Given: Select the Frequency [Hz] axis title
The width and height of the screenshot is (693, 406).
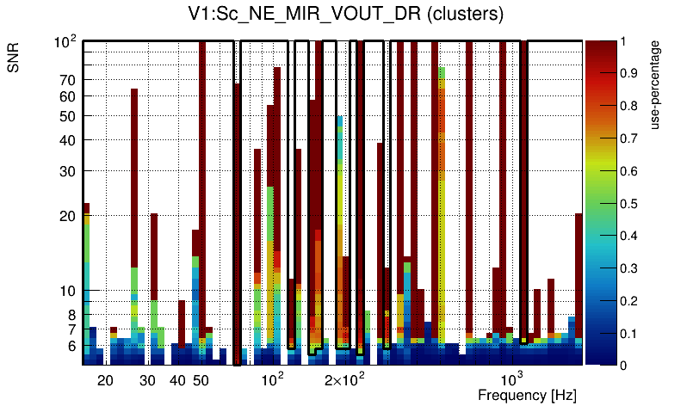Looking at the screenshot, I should (x=527, y=395).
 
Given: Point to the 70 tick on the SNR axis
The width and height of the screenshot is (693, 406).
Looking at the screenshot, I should (x=68, y=80).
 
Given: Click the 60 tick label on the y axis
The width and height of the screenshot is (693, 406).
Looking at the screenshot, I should (x=68, y=96).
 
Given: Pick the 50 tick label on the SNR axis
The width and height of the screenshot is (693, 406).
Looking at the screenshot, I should (x=68, y=116).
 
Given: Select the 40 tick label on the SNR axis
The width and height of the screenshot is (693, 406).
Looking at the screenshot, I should (x=68, y=140).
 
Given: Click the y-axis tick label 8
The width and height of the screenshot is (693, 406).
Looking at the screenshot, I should (x=71, y=315).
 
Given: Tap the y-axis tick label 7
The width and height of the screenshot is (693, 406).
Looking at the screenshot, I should (x=71, y=329).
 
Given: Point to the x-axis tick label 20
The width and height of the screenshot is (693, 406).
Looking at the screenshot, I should (x=105, y=380).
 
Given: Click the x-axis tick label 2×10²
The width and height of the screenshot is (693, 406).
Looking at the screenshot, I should (x=344, y=379).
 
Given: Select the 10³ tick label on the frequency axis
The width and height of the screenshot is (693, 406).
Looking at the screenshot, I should (x=511, y=379).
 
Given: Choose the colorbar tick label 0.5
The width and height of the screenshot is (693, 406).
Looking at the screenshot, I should (x=628, y=204).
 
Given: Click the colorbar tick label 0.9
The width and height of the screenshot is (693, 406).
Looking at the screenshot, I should (x=628, y=74).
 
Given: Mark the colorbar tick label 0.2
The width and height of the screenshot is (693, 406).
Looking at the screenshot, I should (x=628, y=301).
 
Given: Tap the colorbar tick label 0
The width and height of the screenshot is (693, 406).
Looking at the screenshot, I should (x=623, y=366).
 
